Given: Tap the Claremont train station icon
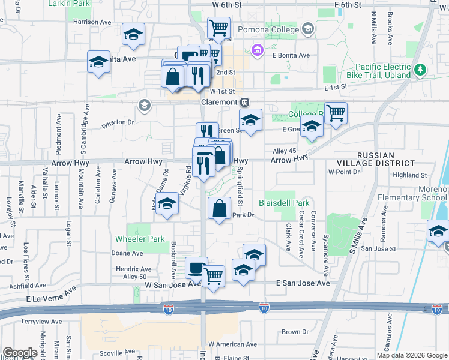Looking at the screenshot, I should click(x=245, y=101).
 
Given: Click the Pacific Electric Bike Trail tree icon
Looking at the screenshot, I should click(x=420, y=70).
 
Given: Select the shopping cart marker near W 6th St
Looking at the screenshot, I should click(x=218, y=28).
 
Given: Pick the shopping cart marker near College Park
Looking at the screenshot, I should click(x=336, y=112).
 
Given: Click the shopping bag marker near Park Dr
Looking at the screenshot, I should click(x=220, y=208).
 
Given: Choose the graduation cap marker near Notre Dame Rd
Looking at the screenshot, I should click(x=168, y=203).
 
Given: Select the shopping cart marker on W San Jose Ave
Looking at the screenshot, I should click(x=213, y=275).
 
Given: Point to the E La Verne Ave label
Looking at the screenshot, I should click(x=52, y=294).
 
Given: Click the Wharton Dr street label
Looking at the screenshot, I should click(x=118, y=122).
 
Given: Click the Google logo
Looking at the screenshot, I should click(x=20, y=353).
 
